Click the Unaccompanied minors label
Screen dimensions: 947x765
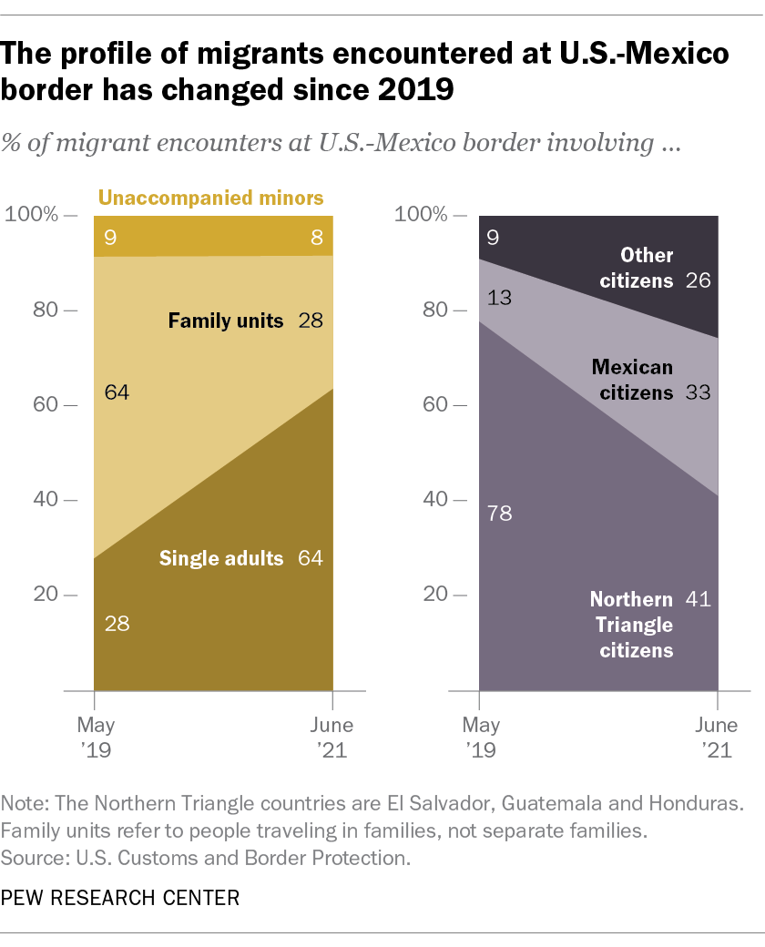coord(210,198)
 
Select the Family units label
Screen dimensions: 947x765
coord(226,321)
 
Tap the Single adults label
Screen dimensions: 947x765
coord(221,557)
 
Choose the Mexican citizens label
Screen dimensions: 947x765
coord(632,381)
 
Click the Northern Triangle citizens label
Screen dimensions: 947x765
coord(631,625)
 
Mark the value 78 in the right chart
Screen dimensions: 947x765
coord(499,514)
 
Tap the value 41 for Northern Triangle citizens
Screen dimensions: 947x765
coord(699,599)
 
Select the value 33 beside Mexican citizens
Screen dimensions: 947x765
coord(699,393)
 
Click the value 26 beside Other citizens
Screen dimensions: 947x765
coord(699,280)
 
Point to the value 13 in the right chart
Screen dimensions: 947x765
coord(499,296)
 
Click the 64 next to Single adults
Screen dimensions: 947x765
coord(311,557)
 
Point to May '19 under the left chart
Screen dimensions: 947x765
coord(96,738)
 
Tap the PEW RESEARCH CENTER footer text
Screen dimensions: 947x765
coord(121,898)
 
